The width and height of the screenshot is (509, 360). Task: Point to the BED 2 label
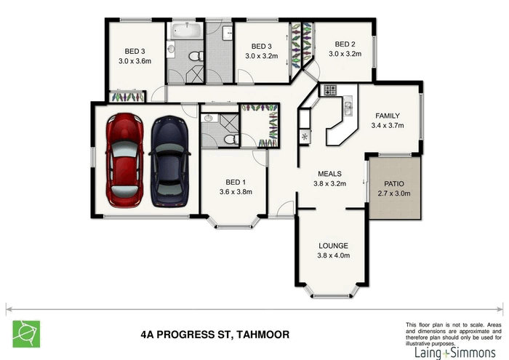click(345, 44)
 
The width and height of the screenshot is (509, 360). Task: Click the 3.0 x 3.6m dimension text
click(135, 61)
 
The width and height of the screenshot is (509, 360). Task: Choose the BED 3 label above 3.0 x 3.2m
click(262, 47)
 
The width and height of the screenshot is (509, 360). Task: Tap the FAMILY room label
click(386, 116)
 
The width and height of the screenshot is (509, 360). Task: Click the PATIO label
click(393, 184)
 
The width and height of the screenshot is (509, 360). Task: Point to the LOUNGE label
click(333, 245)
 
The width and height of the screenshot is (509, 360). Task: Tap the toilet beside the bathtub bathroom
click(195, 56)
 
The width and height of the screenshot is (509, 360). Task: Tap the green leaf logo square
click(26, 333)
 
